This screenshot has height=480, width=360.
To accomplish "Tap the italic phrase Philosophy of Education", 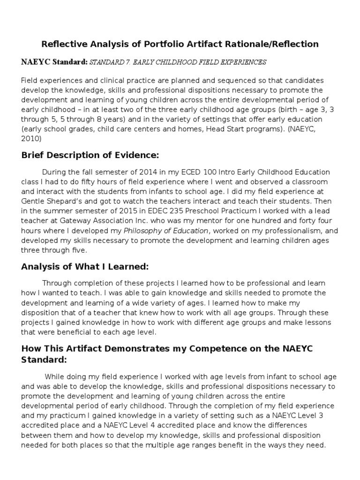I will click(x=165, y=231).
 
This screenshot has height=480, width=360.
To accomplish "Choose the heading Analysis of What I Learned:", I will click(x=85, y=267).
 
